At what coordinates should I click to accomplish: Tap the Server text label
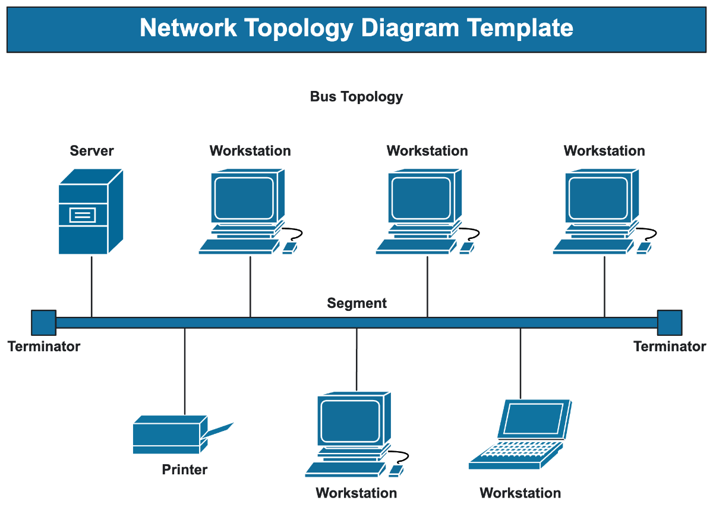click(92, 151)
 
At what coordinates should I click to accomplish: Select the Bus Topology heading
click(356, 97)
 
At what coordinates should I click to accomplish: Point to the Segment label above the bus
click(356, 304)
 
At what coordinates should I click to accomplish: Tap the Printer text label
click(185, 470)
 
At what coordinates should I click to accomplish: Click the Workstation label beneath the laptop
click(520, 493)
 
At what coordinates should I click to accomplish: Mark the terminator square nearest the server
click(43, 323)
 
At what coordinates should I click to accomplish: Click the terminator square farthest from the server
click(670, 323)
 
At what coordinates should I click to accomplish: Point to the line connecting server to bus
click(92, 285)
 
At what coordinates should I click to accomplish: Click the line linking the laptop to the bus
click(520, 363)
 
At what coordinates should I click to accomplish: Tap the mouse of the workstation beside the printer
click(396, 471)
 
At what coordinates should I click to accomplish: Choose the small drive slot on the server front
click(82, 215)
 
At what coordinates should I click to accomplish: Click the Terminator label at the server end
click(44, 347)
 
